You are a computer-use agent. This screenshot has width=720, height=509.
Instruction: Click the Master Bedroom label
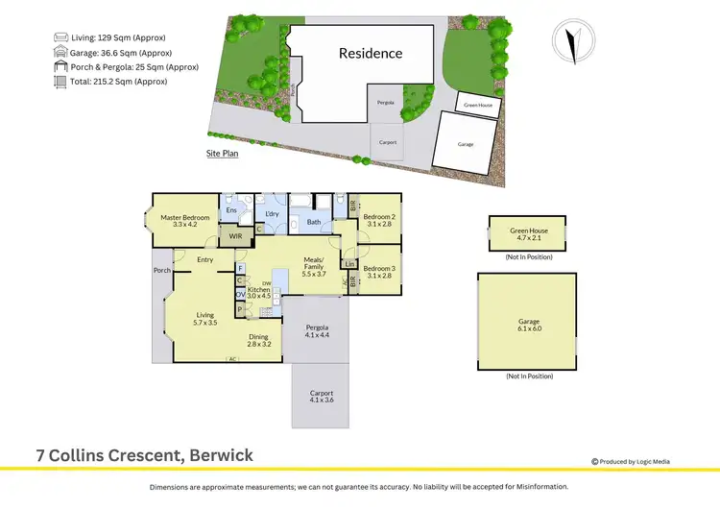pos(184,221)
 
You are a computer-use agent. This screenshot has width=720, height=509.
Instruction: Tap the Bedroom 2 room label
pos(377,220)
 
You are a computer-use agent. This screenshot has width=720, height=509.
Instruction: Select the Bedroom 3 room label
pos(377,272)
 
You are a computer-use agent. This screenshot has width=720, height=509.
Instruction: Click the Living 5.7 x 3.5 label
pos(205,318)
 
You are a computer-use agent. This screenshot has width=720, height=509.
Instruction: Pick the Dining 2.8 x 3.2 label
pos(259,340)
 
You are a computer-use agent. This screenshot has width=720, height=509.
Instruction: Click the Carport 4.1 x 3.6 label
pos(322,397)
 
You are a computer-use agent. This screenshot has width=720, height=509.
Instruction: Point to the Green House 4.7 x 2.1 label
pos(528,233)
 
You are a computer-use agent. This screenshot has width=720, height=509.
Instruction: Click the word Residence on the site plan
pos(370,54)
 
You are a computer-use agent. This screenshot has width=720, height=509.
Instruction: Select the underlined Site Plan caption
pos(222,154)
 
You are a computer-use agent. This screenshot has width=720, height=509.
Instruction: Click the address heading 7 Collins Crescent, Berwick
pos(145,455)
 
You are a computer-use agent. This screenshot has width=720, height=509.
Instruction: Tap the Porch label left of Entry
pos(161,270)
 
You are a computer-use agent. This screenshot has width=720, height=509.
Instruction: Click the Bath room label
pos(313,222)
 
